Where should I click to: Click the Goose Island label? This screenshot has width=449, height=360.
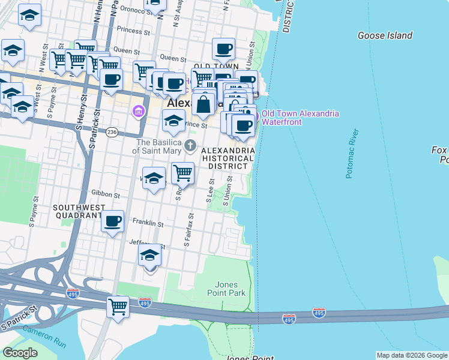click(x=385, y=35)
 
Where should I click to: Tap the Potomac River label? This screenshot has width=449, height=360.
click(x=352, y=154)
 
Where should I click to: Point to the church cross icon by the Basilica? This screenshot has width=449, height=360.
click(x=190, y=145)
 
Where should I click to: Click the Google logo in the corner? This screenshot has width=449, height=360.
click(x=20, y=353)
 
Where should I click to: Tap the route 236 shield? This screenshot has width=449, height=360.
click(x=112, y=131)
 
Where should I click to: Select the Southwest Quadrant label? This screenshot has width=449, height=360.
click(x=79, y=211)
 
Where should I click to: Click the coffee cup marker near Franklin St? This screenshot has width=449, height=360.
click(x=112, y=221)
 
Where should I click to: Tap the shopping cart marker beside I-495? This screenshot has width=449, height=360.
click(x=118, y=307)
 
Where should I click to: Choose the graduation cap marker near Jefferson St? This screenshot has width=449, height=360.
click(x=149, y=256)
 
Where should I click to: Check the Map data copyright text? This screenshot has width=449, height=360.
click(x=412, y=355)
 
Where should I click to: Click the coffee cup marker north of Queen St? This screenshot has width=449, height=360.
click(x=223, y=49)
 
